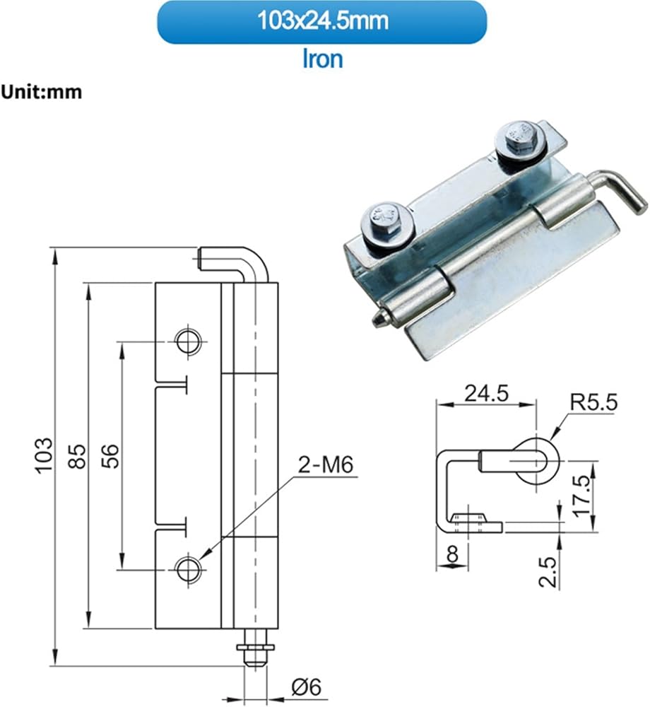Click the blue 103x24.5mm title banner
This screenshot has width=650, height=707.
click(321, 22)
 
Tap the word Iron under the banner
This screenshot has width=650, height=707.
click(322, 59)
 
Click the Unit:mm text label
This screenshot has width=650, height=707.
click(42, 92)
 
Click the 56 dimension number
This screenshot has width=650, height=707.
click(111, 456)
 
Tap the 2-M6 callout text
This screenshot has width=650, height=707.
click(326, 465)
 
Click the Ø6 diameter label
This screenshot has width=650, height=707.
click(307, 687)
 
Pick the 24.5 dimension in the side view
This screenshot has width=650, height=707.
click(487, 393)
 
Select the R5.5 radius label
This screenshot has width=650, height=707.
click(593, 402)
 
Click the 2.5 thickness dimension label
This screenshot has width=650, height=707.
click(548, 572)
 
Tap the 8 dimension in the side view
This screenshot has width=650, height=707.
click(452, 554)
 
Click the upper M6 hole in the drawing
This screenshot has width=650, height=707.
click(189, 341)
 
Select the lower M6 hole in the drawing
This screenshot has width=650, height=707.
click(189, 570)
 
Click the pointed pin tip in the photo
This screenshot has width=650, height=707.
click(377, 320)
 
